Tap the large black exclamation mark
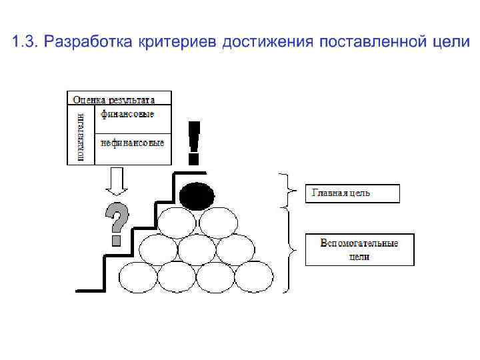click(x=193, y=142)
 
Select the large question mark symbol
click(x=117, y=223)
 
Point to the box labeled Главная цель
click(x=353, y=193)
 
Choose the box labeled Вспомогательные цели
click(x=359, y=249)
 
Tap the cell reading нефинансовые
click(x=133, y=143)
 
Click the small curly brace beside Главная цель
click(x=287, y=189)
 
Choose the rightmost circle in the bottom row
click(x=254, y=276)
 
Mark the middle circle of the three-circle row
click(x=197, y=249)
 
